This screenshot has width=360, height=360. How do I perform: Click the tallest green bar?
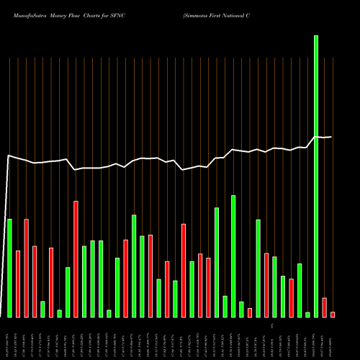(315, 176)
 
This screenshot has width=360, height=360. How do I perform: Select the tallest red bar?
(76, 259)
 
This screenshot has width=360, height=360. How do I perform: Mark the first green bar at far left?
(9, 268)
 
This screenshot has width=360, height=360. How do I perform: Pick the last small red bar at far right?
(333, 314)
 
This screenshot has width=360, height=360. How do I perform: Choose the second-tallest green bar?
(233, 256)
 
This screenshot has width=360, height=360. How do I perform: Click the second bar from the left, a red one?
(18, 284)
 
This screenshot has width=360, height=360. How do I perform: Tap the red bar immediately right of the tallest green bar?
(324, 307)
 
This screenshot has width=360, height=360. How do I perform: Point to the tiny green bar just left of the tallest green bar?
(307, 314)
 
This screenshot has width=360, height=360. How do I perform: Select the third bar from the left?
(27, 268)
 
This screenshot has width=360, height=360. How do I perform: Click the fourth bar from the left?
(35, 282)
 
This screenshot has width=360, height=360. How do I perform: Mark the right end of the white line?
(331, 137)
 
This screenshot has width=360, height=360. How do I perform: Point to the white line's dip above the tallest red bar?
(75, 170)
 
